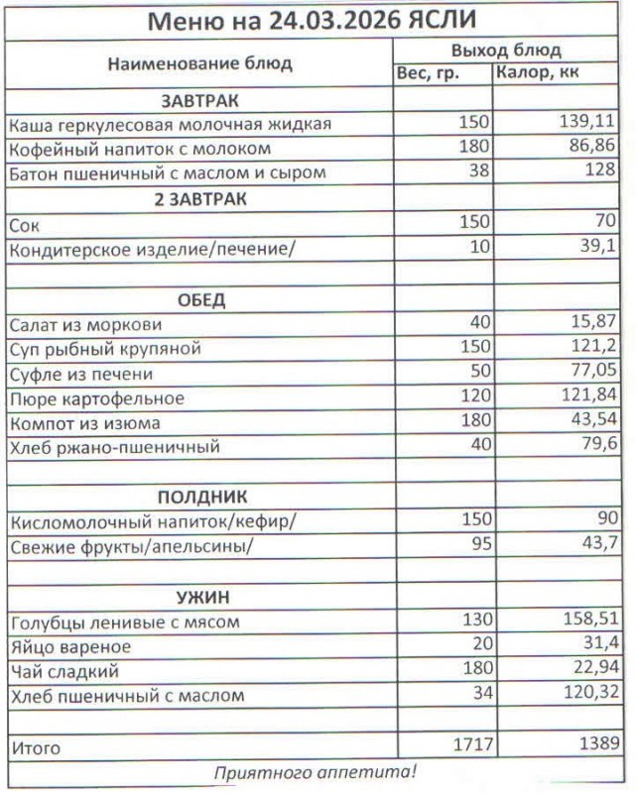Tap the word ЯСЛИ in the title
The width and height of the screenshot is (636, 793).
pos(445,22)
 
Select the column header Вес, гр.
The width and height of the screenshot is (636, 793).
pos(428,73)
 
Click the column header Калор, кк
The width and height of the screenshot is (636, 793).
pos(537,73)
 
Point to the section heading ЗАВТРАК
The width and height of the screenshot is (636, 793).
pos(199,100)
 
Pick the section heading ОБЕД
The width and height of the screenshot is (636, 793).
pos(200,300)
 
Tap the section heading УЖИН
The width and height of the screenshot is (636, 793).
pos(200,598)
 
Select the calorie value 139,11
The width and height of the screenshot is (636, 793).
pos(586,124)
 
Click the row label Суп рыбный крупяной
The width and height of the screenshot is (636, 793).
pos(105,349)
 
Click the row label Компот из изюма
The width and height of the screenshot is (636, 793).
pos(86,423)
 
